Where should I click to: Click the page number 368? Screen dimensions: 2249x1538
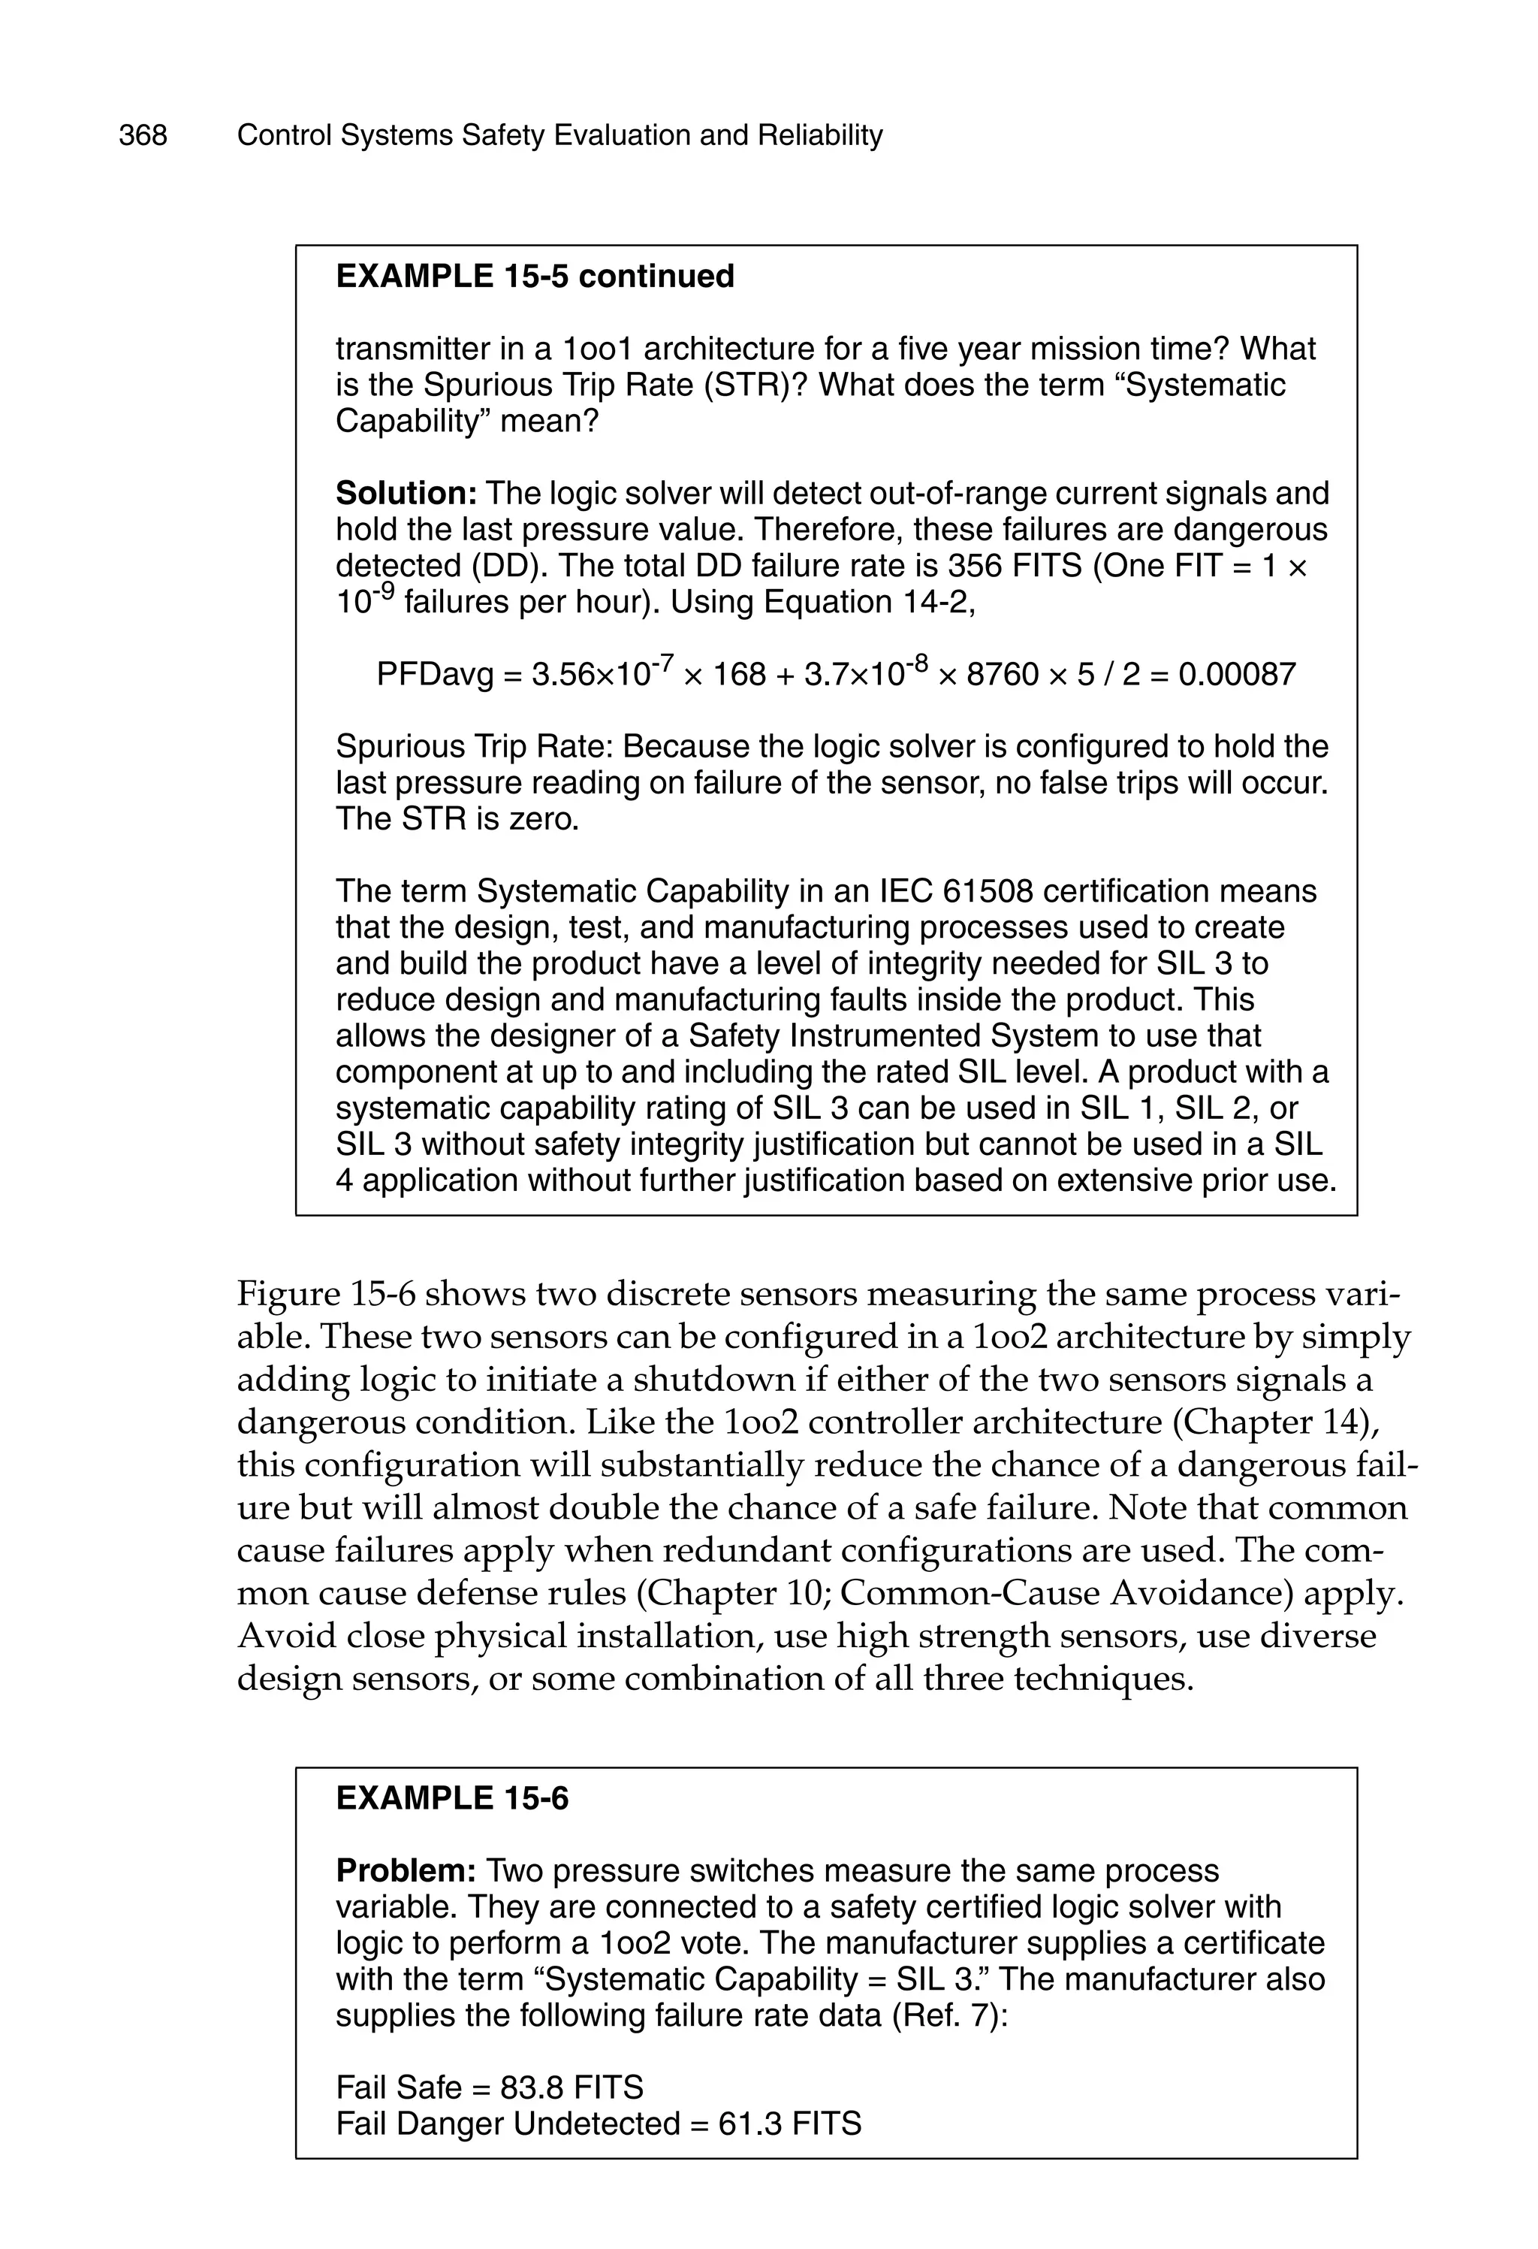pos(143,135)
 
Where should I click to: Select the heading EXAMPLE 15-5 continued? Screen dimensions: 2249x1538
pos(534,277)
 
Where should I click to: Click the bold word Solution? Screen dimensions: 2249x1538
pos(406,494)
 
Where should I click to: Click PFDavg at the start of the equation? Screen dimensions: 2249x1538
pos(434,675)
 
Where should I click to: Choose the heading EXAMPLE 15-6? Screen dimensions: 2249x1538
pos(452,1799)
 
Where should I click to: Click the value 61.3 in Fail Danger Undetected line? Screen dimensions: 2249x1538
pos(749,2124)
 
